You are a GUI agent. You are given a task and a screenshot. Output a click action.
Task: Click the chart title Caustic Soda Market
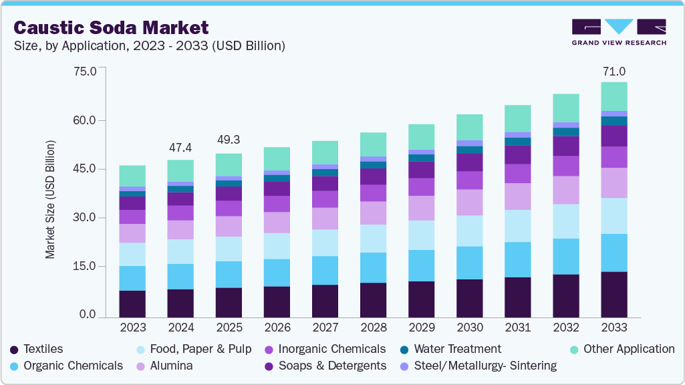pyautogui.click(x=111, y=27)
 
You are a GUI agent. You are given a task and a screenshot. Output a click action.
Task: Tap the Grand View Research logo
pyautogui.click(x=618, y=31)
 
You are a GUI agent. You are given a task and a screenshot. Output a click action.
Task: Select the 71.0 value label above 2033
pyautogui.click(x=613, y=72)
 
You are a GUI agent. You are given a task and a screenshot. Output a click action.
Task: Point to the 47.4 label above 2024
pyautogui.click(x=180, y=147)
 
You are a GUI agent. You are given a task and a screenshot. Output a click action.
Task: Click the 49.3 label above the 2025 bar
pyautogui.click(x=228, y=140)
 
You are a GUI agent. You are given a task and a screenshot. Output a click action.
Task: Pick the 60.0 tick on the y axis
pyautogui.click(x=84, y=120)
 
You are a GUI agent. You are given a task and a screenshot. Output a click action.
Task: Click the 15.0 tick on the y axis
pyautogui.click(x=84, y=267)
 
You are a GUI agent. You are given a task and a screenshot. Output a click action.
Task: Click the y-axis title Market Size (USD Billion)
pyautogui.click(x=50, y=200)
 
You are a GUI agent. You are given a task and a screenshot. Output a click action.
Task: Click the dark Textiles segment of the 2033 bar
pyautogui.click(x=613, y=294)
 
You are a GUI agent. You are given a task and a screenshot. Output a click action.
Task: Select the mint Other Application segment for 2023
pyautogui.click(x=132, y=176)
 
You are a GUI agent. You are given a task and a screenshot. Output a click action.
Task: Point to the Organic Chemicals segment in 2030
pyautogui.click(x=469, y=263)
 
